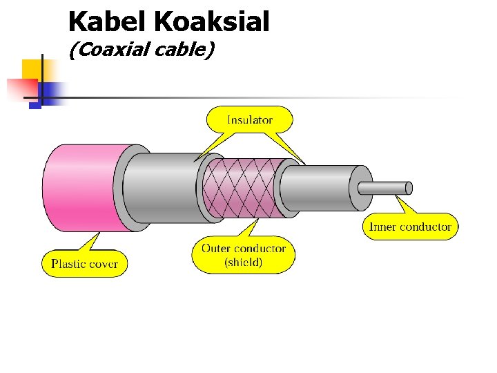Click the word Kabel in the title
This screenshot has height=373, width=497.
(108, 22)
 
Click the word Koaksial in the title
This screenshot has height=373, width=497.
(212, 22)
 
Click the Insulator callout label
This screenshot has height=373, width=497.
(250, 120)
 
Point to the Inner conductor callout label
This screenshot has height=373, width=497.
(411, 227)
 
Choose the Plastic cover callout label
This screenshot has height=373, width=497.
(85, 263)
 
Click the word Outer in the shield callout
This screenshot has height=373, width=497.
(217, 248)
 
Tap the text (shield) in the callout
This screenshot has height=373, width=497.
(244, 262)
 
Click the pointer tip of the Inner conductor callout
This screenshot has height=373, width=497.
(398, 198)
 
